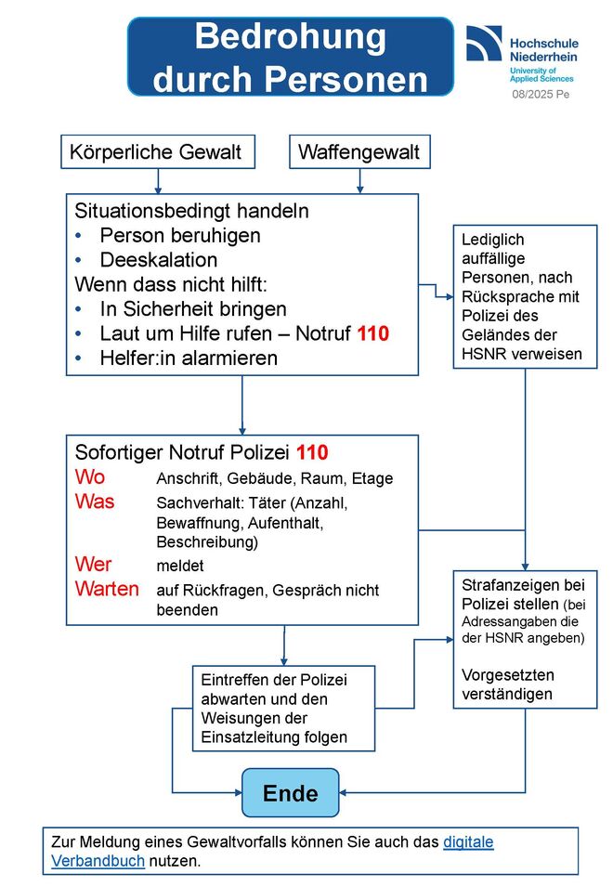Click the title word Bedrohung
(x=291, y=37)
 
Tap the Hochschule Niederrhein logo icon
(x=484, y=43)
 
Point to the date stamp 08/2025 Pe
(x=541, y=95)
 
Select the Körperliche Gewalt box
(x=158, y=151)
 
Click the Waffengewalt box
(x=359, y=151)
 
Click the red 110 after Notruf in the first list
(x=372, y=333)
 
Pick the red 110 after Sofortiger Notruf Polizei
(x=312, y=452)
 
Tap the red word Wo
(x=90, y=477)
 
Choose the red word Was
(x=95, y=502)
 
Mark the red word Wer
(x=93, y=564)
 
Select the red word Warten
(x=107, y=589)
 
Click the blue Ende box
(x=291, y=793)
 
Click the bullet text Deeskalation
(x=159, y=260)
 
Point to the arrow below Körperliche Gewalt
(x=158, y=181)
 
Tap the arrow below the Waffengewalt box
(x=359, y=181)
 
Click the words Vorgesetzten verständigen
(x=508, y=684)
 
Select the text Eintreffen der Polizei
(x=274, y=680)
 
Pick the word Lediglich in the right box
(x=492, y=240)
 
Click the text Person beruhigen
(x=180, y=236)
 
